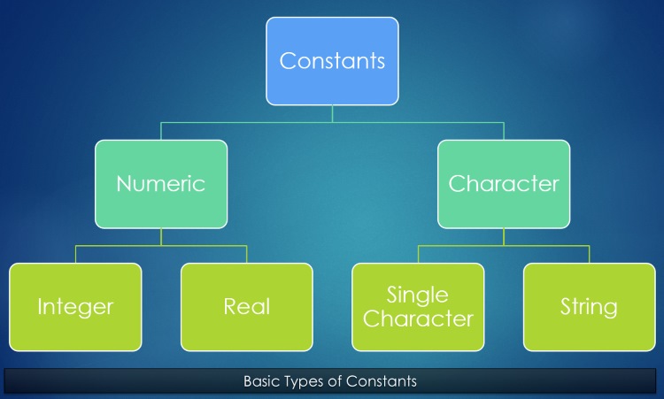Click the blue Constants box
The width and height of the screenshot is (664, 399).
(332, 61)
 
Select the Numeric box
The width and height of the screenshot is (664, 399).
(161, 184)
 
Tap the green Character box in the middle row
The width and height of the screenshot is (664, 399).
(504, 184)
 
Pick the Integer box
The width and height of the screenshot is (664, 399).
(75, 307)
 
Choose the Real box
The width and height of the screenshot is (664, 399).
(247, 307)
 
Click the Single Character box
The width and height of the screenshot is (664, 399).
(418, 307)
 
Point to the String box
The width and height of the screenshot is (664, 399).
(590, 307)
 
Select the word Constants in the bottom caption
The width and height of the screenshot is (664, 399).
(381, 381)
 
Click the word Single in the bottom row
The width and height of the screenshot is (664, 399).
(417, 295)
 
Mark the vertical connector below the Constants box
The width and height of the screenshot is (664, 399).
(332, 114)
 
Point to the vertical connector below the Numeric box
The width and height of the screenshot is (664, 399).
(161, 237)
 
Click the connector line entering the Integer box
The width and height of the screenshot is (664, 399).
(75, 254)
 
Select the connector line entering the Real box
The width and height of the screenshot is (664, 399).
(247, 254)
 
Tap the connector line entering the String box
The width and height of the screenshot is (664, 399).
(590, 254)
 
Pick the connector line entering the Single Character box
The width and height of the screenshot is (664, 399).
(418, 254)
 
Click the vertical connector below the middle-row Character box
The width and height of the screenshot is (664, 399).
(504, 237)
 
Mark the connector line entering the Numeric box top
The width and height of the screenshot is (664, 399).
(161, 131)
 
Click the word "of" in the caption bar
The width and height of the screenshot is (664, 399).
(336, 381)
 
